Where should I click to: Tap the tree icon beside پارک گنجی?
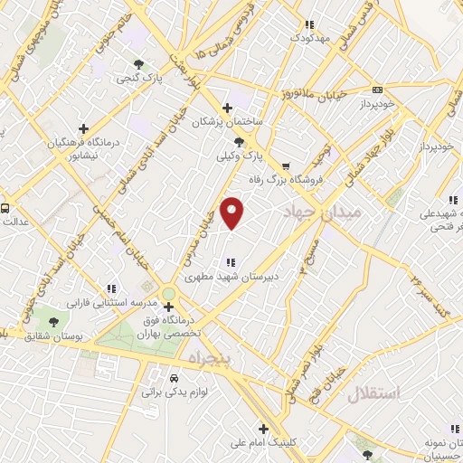[138, 64]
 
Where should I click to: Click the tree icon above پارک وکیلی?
[239, 142]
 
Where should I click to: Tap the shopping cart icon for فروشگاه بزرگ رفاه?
[287, 166]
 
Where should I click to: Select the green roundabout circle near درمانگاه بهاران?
[169, 293]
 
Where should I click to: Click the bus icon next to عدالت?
[5, 208]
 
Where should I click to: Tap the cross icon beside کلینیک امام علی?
[263, 429]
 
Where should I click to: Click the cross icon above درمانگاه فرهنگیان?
[83, 128]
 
